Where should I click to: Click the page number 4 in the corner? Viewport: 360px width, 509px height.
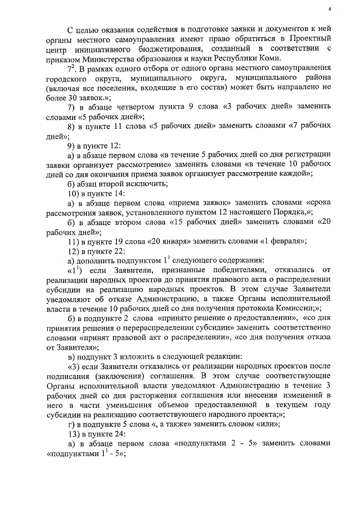click(x=330, y=8)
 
